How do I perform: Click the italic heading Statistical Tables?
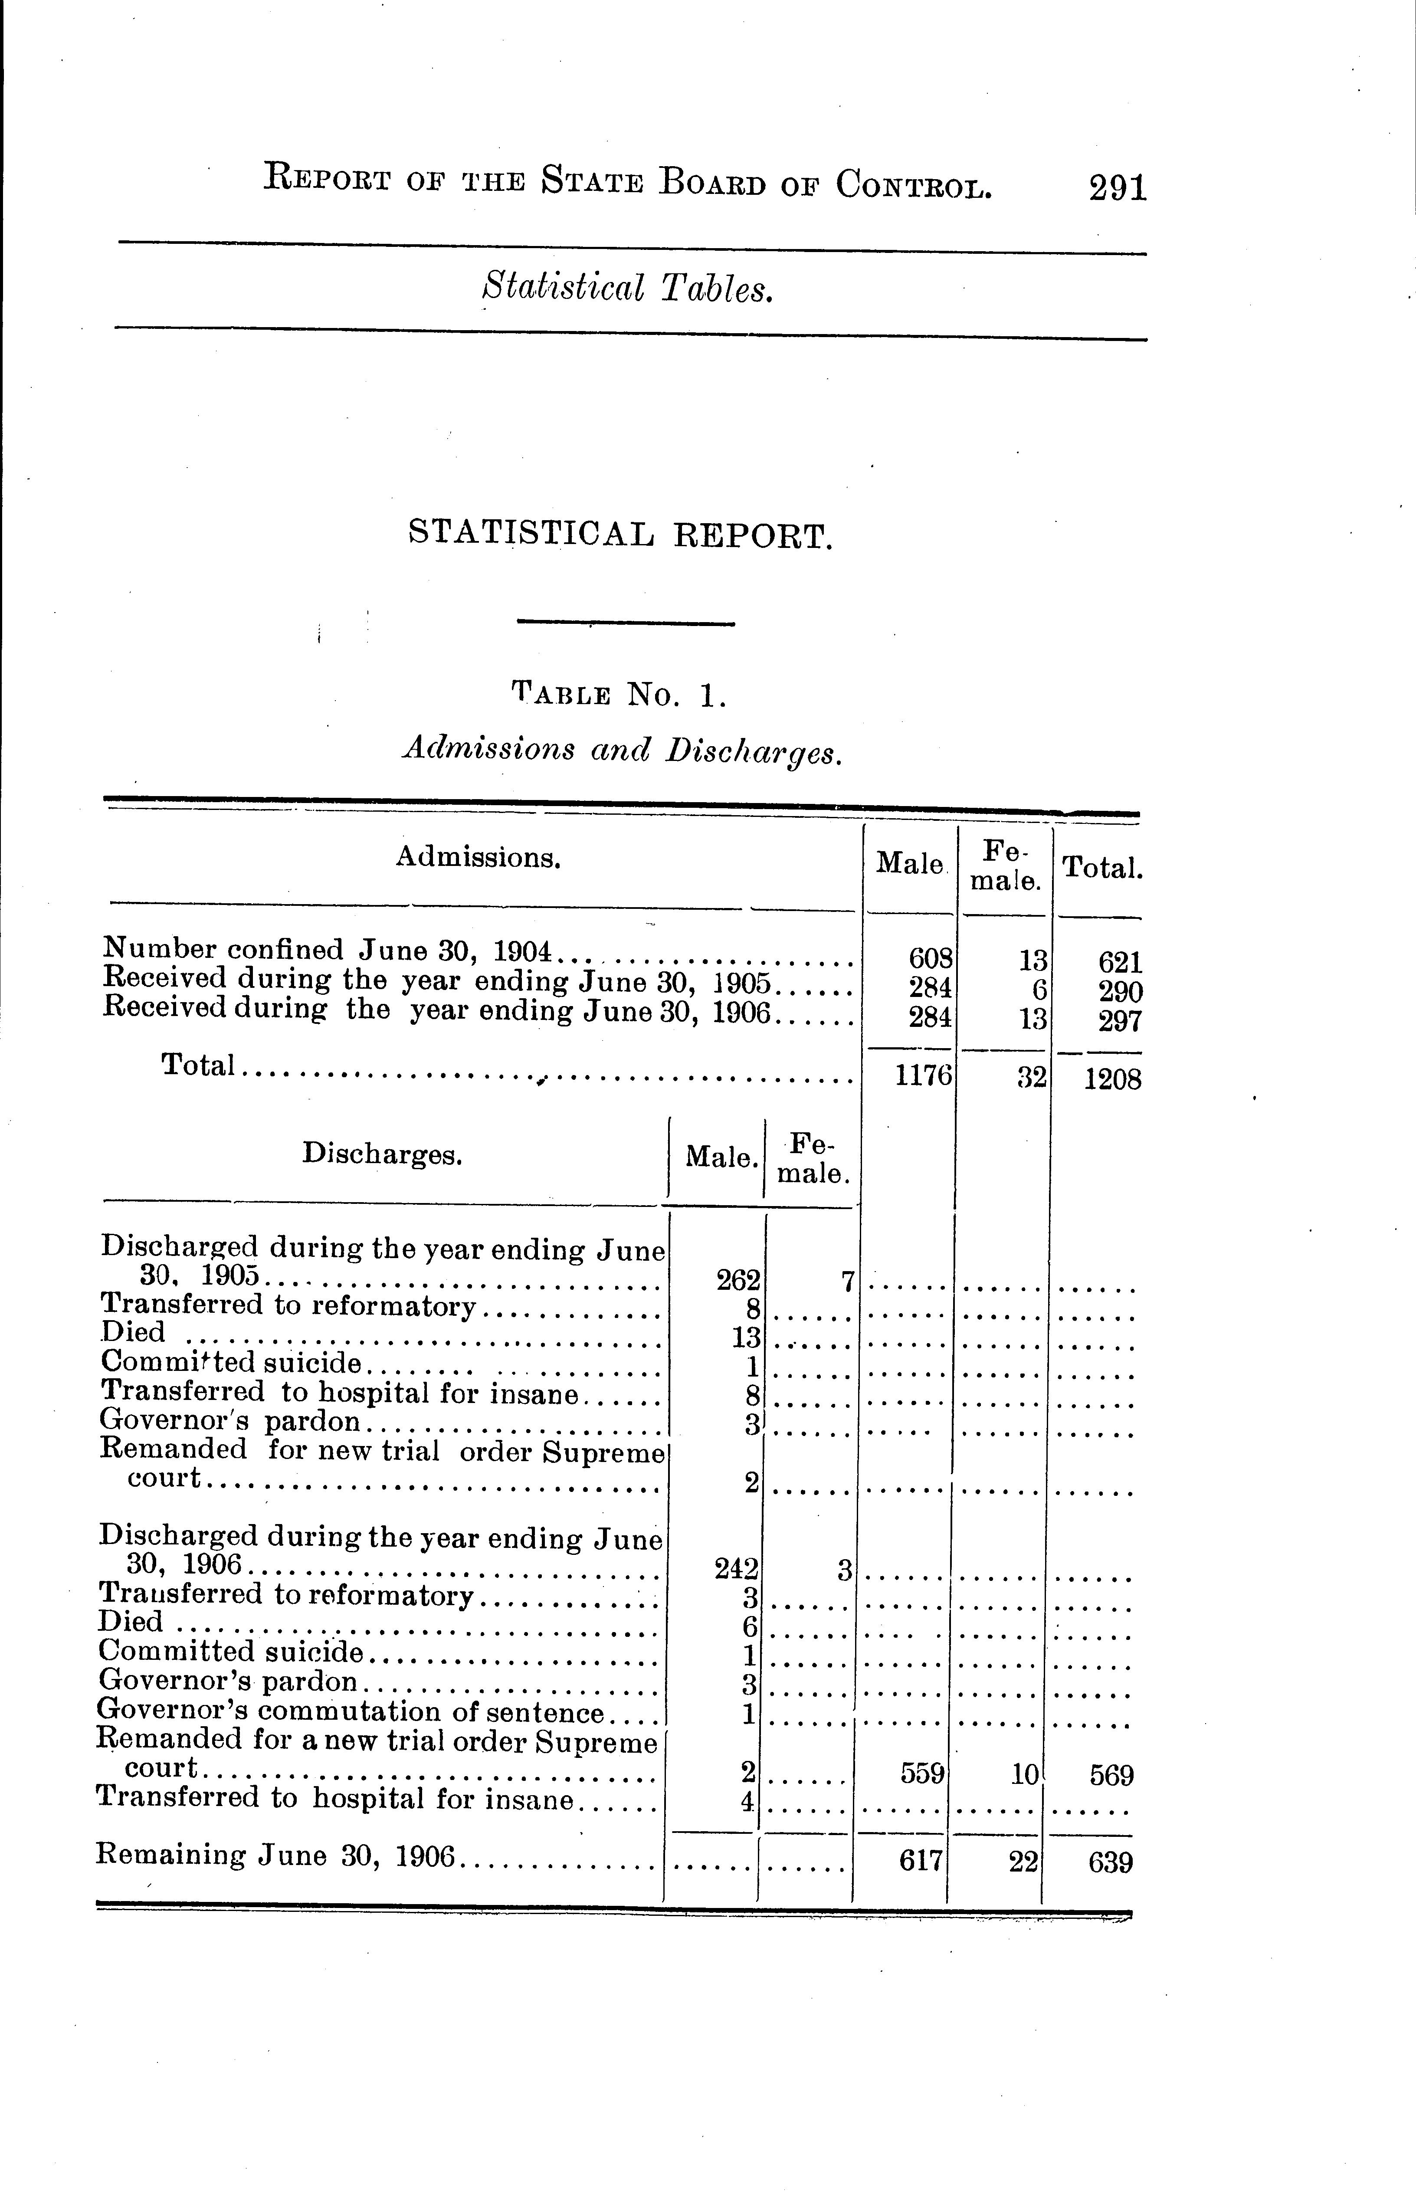(627, 288)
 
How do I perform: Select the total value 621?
(1120, 963)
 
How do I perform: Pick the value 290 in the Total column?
(1120, 992)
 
